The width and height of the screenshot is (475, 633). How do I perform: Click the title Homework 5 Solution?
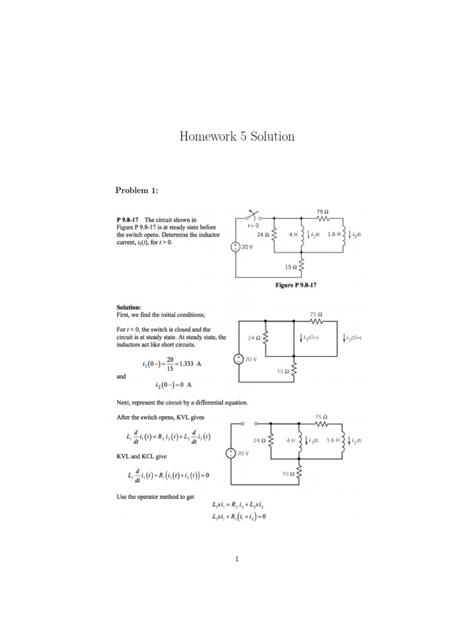coord(237,136)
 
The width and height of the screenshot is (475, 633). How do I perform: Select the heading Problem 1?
coord(137,190)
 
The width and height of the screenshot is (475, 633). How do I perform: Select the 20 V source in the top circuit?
coord(236,247)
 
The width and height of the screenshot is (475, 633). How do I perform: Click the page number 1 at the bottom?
coord(237,560)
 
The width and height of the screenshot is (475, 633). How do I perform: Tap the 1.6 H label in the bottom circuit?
coord(334,440)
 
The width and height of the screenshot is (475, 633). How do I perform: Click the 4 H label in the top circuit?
coord(293,235)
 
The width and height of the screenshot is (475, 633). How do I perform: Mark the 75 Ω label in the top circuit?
coord(322,211)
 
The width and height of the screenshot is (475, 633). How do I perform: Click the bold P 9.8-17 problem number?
coord(129,219)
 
